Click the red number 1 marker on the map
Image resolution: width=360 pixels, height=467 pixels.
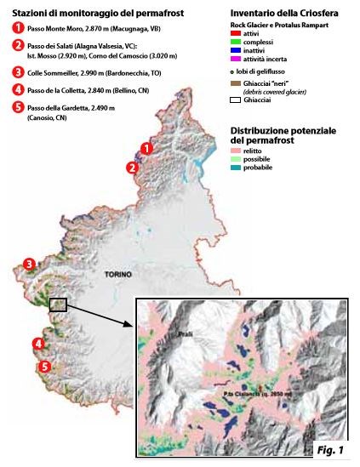(146, 149)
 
